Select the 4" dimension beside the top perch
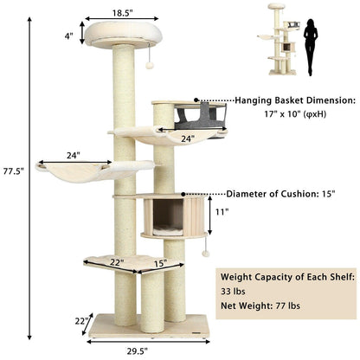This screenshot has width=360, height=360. coord(67,35)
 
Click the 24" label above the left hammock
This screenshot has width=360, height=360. coord(74,157)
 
